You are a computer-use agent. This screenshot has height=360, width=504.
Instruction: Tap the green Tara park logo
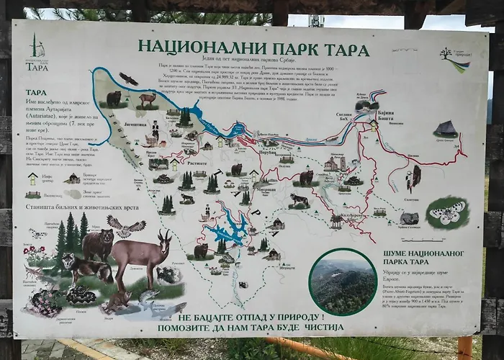pos(36,53)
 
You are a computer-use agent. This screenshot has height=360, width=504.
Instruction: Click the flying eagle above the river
pos(128,78)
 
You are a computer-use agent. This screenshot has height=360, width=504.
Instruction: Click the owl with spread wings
pos(125,225)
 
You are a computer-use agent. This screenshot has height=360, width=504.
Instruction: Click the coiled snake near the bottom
pos(80,294)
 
